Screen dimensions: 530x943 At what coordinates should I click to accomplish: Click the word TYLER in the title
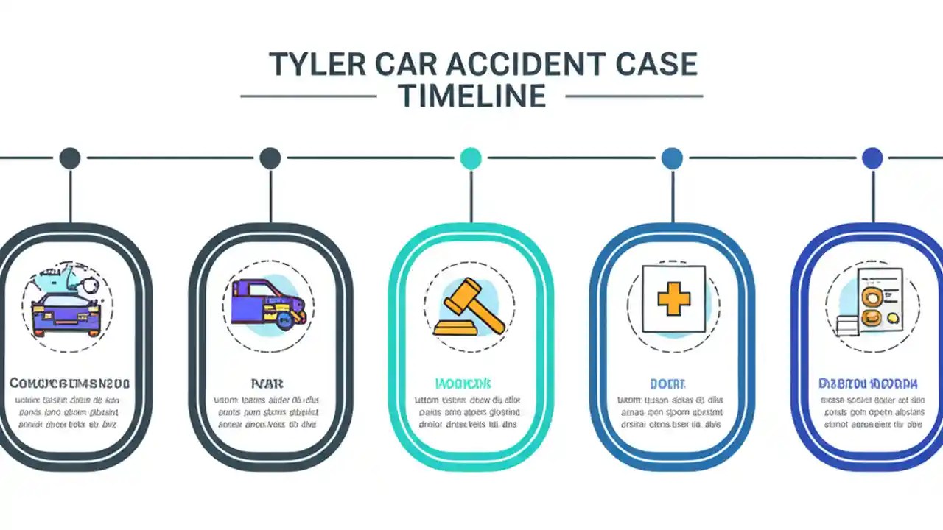[313, 65]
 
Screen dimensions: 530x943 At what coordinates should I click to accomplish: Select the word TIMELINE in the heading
[471, 96]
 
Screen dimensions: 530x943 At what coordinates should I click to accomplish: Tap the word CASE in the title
[656, 65]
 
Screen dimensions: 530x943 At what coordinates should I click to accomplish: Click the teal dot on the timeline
[470, 158]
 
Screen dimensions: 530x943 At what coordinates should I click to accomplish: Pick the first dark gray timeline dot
[70, 158]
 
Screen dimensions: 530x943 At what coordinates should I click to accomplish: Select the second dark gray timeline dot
[270, 158]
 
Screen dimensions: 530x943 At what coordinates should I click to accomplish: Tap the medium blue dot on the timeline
[672, 158]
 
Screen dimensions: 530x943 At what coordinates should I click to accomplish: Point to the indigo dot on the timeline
[872, 158]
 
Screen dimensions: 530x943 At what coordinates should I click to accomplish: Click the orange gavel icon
[470, 306]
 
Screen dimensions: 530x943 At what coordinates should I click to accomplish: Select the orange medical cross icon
[673, 300]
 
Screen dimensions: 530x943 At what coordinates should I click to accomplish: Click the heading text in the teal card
[463, 384]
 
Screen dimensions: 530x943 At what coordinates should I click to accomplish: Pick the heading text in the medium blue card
[667, 384]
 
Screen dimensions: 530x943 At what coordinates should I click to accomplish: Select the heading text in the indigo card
[868, 384]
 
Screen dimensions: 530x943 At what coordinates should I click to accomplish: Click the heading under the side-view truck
[267, 384]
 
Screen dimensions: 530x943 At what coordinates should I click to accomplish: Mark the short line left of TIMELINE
[309, 96]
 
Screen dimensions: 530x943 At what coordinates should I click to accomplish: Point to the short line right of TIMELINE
[634, 96]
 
